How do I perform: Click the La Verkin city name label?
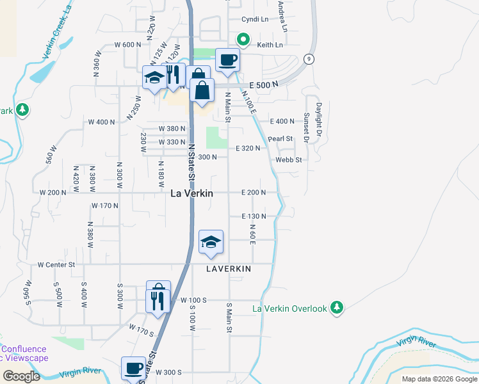coord(191,193)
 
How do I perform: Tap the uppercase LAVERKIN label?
coord(229,269)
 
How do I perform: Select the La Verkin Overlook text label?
coord(290,308)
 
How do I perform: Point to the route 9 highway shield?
coord(309,60)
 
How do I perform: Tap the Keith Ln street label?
coord(270,45)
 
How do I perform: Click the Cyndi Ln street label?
coord(254,19)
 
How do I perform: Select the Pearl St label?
coord(280,138)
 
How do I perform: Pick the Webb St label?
coord(288,159)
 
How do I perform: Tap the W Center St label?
coord(56,264)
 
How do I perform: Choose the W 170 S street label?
coord(142,330)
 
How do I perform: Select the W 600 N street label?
coord(127,44)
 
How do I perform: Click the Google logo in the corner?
coord(21,376)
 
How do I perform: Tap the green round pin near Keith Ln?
coord(243,40)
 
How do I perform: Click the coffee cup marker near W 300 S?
coord(134,369)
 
